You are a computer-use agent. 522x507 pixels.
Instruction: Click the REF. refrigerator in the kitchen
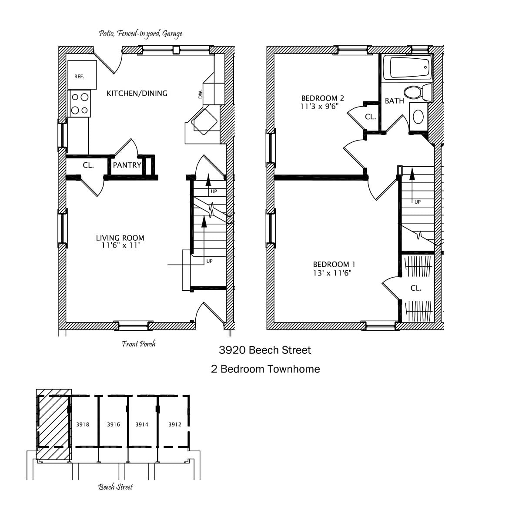pyautogui.click(x=82, y=74)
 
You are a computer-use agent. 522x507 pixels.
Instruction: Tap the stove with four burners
pyautogui.click(x=80, y=104)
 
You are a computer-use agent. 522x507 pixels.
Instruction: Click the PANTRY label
pyautogui.click(x=127, y=165)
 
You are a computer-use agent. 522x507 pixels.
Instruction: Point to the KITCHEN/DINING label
pyautogui.click(x=137, y=94)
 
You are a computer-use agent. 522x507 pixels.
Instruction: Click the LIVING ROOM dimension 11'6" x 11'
pyautogui.click(x=120, y=245)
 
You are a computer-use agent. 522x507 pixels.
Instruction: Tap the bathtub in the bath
pyautogui.click(x=407, y=67)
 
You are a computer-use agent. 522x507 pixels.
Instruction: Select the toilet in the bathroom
pyautogui.click(x=418, y=93)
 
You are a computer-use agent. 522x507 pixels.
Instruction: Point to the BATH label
pyautogui.click(x=394, y=101)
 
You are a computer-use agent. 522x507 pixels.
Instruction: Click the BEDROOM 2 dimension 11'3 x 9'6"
pyautogui.click(x=319, y=107)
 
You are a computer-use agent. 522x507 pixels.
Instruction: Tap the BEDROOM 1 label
pyautogui.click(x=334, y=264)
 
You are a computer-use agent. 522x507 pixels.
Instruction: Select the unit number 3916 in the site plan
pyautogui.click(x=114, y=424)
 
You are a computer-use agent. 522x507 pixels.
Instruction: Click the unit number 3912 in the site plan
pyautogui.click(x=175, y=424)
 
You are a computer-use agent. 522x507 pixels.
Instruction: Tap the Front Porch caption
pyautogui.click(x=138, y=344)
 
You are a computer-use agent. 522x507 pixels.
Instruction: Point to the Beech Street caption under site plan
pyautogui.click(x=115, y=487)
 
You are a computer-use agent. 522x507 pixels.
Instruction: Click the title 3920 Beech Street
pyautogui.click(x=265, y=350)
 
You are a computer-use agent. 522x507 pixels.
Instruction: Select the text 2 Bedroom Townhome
pyautogui.click(x=265, y=369)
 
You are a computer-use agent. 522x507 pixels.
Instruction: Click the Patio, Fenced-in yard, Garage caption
pyautogui.click(x=141, y=34)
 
